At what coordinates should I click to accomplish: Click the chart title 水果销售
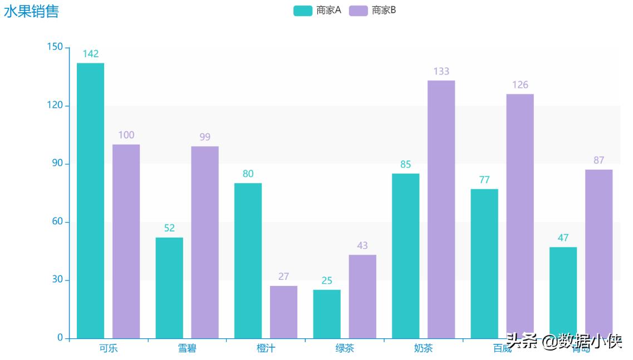31,11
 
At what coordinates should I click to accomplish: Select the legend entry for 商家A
317,11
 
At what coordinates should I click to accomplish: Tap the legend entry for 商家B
373,11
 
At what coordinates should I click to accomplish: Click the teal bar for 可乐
90,200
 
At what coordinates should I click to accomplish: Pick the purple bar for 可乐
126,241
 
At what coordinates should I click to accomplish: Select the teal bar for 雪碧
169,288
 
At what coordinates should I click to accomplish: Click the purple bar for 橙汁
283,312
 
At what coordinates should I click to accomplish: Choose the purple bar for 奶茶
441,209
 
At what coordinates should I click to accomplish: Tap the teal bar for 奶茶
405,256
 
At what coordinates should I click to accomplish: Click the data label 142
90,54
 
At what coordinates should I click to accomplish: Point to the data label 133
441,71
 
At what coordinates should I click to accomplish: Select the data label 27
283,277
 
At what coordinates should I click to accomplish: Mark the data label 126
520,85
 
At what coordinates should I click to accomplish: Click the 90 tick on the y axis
55,164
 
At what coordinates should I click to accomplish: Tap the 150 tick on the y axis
55,47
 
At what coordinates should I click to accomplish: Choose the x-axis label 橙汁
266,349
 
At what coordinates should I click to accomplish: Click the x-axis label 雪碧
187,349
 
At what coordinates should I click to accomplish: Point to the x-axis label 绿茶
345,349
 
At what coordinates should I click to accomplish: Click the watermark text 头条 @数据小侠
563,341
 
